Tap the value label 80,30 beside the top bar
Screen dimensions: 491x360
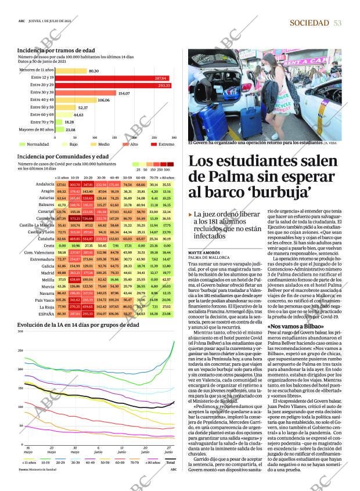pyautogui.click(x=93, y=71)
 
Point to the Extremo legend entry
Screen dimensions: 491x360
pyautogui.click(x=163, y=144)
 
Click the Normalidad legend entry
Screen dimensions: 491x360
pyautogui.click(x=35, y=144)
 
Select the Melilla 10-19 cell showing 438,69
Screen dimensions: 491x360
pyautogui.click(x=74, y=279)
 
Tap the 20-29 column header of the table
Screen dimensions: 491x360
pyautogui.click(x=88, y=178)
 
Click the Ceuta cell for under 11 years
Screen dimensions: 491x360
pyautogui.click(x=61, y=245)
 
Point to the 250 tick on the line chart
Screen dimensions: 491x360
pyautogui.click(x=20, y=351)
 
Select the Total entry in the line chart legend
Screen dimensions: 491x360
pyautogui.click(x=170, y=462)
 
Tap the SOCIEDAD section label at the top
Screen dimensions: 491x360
pyautogui.click(x=309, y=23)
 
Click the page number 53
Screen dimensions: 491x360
pyautogui.click(x=337, y=23)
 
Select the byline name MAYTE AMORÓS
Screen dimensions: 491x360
pyautogui.click(x=204, y=253)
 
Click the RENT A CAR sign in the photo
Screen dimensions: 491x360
pyautogui.click(x=304, y=61)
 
